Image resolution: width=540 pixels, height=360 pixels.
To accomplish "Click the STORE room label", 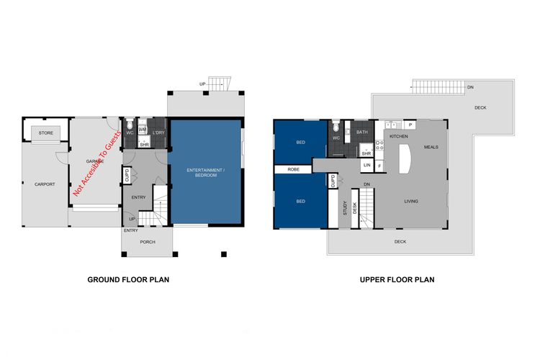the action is click(x=46, y=133).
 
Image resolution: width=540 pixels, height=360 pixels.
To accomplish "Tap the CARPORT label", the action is click(x=45, y=184).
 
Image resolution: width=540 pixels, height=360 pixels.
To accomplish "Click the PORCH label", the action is click(x=148, y=242).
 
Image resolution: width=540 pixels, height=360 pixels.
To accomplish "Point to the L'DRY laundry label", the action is click(x=158, y=132).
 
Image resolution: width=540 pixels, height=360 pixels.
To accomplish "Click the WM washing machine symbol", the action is click(x=143, y=130).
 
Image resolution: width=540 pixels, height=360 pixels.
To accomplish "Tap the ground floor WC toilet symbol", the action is click(x=130, y=123).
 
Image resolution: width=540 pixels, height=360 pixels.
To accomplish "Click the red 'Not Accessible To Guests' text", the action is click(x=96, y=163).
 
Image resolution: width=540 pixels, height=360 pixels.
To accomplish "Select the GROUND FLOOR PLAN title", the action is click(x=128, y=280).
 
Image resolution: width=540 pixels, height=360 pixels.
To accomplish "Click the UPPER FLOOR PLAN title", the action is click(x=397, y=280).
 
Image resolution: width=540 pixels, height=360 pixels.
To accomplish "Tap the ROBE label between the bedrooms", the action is click(x=294, y=169).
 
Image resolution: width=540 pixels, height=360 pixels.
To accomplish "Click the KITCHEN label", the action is click(x=399, y=136).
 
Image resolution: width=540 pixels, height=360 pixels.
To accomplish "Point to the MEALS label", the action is click(x=431, y=147).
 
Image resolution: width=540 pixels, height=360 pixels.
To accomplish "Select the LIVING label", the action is click(x=411, y=201).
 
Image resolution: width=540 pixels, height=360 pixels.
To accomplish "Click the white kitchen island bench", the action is click(x=405, y=158).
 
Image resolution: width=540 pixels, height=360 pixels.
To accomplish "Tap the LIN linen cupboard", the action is click(x=367, y=166).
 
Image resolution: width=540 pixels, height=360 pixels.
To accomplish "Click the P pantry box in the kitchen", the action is click(x=410, y=125).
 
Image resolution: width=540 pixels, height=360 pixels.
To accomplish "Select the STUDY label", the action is click(x=345, y=208).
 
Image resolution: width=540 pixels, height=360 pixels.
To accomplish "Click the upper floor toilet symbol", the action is click(x=336, y=125).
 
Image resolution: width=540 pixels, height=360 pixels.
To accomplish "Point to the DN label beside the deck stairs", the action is click(x=470, y=88).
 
